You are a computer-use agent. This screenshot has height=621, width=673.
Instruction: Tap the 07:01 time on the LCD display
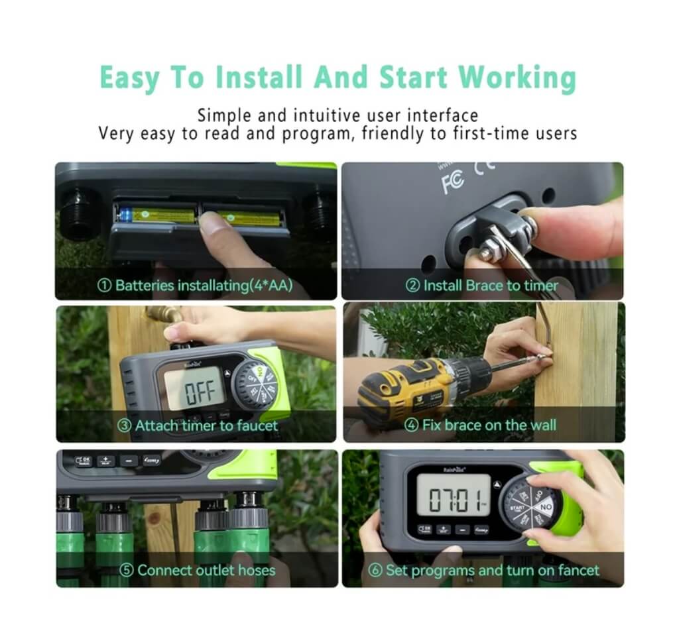(x=457, y=499)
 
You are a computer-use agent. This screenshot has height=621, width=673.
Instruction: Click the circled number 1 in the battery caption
(x=104, y=286)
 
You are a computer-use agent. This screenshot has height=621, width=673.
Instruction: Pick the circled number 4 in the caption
(x=412, y=425)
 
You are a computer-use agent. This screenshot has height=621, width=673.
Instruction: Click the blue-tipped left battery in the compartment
(x=156, y=215)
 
